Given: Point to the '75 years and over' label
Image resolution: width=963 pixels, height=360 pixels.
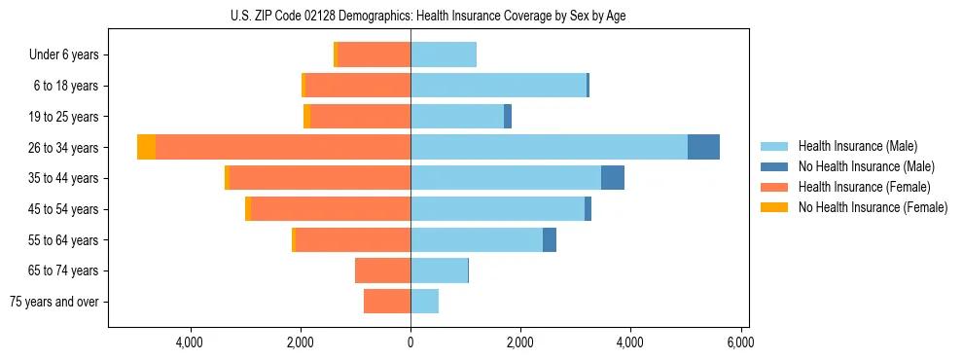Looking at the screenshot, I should [54, 302].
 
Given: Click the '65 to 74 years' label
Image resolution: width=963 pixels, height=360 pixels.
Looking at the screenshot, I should [61, 270].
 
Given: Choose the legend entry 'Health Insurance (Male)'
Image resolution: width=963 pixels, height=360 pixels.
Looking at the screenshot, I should [857, 146].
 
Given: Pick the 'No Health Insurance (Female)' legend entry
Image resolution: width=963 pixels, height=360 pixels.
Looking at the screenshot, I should [873, 207].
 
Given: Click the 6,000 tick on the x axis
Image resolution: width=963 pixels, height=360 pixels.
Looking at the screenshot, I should [741, 342].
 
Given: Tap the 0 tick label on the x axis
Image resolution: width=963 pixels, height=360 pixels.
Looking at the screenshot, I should [410, 342].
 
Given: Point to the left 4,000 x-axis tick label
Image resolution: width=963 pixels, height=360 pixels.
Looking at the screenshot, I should [190, 342].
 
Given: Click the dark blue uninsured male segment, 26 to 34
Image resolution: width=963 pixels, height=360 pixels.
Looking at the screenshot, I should [703, 147].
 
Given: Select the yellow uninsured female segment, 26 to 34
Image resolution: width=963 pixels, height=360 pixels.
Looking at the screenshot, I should [146, 147].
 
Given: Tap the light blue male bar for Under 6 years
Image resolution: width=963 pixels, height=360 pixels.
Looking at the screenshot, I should [444, 54].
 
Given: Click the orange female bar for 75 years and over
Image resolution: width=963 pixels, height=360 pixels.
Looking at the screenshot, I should [387, 302].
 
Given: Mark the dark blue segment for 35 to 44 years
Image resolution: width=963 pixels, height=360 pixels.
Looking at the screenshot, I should [613, 178].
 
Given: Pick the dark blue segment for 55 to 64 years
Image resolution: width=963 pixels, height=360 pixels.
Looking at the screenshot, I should [550, 239].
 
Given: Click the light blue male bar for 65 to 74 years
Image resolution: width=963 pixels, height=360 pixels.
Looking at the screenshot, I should [439, 270].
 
